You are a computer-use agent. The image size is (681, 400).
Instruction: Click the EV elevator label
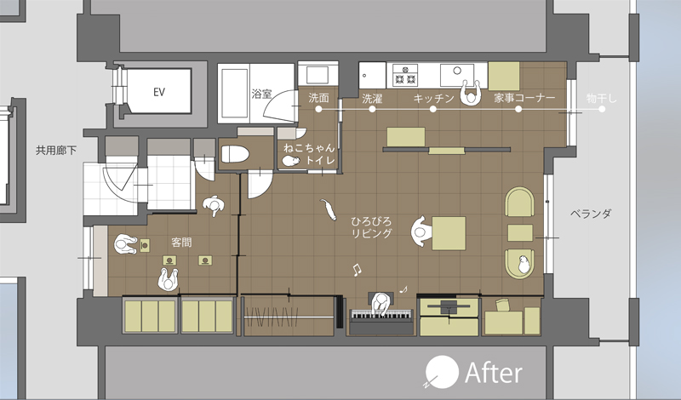pos(159,92)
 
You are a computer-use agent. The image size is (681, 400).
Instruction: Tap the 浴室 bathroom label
pos(261,94)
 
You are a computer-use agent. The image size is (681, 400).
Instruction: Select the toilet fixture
pos(235,154)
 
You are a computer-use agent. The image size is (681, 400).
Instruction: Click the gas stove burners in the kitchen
pos(406,75)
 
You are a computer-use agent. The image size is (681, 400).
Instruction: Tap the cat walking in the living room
pos(329,209)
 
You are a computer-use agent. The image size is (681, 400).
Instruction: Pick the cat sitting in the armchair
pos(524,264)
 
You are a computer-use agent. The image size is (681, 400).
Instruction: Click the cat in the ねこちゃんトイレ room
pos(290,161)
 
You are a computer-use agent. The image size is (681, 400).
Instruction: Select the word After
pos(494,374)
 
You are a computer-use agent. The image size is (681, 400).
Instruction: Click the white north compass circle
pos(442,372)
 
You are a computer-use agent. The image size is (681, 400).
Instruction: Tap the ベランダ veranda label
pos(591,214)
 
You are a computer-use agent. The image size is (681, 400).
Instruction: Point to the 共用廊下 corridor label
pos(56,151)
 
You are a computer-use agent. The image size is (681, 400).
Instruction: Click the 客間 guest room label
pos(181,242)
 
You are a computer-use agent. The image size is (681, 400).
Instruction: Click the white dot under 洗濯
pos(372,109)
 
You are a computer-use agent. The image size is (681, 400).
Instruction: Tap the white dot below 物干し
pos(602,109)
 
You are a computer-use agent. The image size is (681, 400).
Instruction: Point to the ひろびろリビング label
pos(371,227)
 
